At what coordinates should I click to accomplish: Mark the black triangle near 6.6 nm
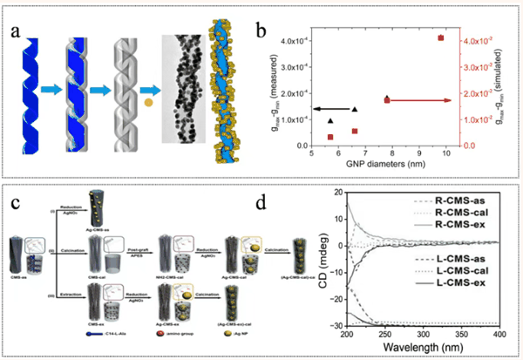[x=354, y=110]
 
